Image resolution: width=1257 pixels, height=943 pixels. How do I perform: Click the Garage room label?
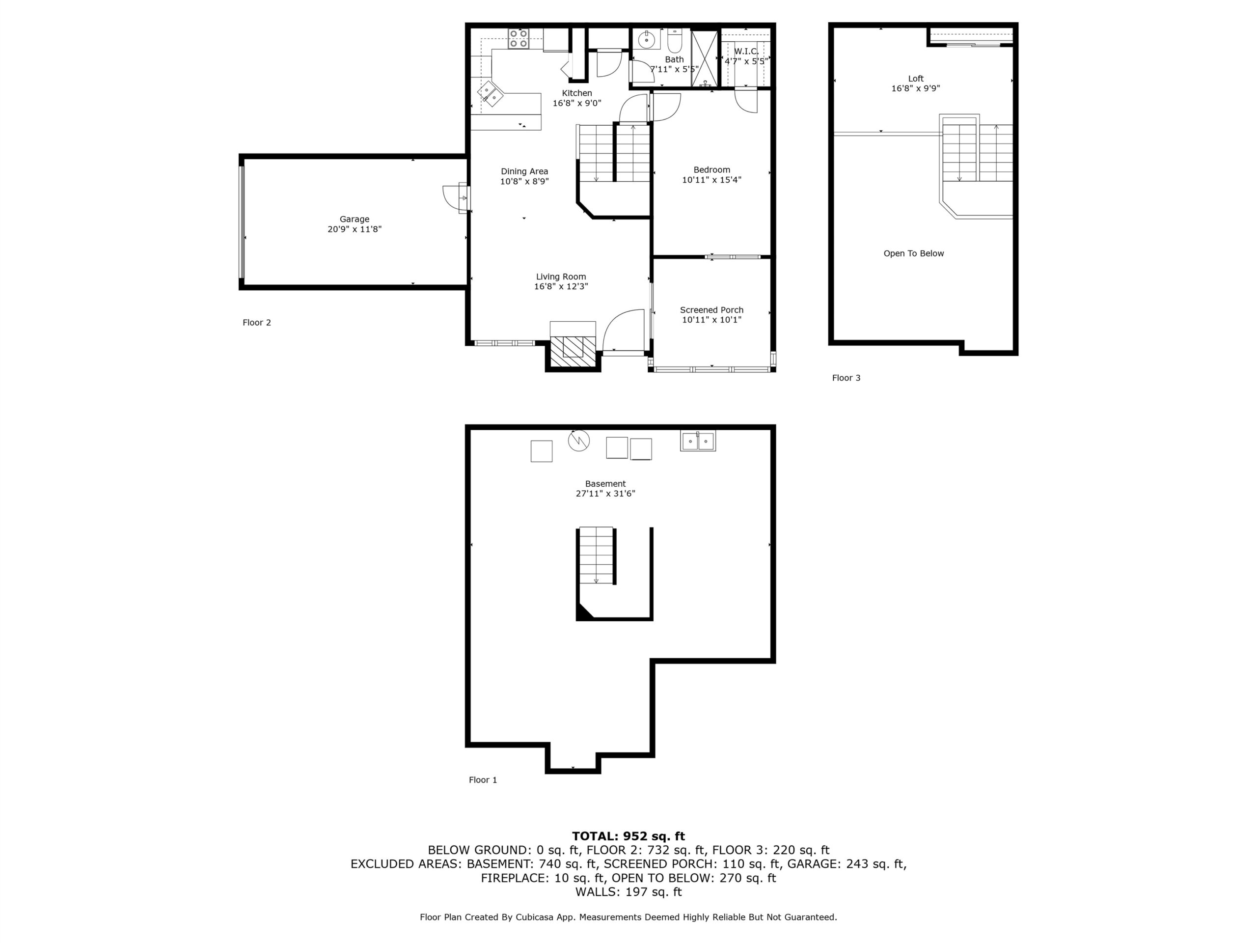pyautogui.click(x=355, y=219)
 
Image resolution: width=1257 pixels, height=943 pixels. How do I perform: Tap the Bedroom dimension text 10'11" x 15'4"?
pyautogui.click(x=711, y=180)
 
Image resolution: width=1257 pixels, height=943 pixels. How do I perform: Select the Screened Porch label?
pyautogui.click(x=711, y=310)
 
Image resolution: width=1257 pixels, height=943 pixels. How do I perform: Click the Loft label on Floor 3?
pyautogui.click(x=915, y=79)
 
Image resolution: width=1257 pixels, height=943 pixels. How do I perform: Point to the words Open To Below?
pyautogui.click(x=913, y=253)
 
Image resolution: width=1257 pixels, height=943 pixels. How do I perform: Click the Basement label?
pyautogui.click(x=605, y=484)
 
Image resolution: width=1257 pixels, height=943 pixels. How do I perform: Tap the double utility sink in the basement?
pyautogui.click(x=698, y=441)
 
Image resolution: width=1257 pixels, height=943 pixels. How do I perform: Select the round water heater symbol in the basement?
pyautogui.click(x=578, y=441)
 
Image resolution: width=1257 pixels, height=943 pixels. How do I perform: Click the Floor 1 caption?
pyautogui.click(x=483, y=780)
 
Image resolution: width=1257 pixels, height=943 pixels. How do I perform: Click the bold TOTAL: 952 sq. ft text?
pyautogui.click(x=628, y=836)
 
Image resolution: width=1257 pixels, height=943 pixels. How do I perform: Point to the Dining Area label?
pyautogui.click(x=524, y=171)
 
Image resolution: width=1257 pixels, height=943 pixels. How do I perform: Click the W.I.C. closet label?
pyautogui.click(x=746, y=51)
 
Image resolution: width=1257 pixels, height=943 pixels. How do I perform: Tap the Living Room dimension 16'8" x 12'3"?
pyautogui.click(x=561, y=286)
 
